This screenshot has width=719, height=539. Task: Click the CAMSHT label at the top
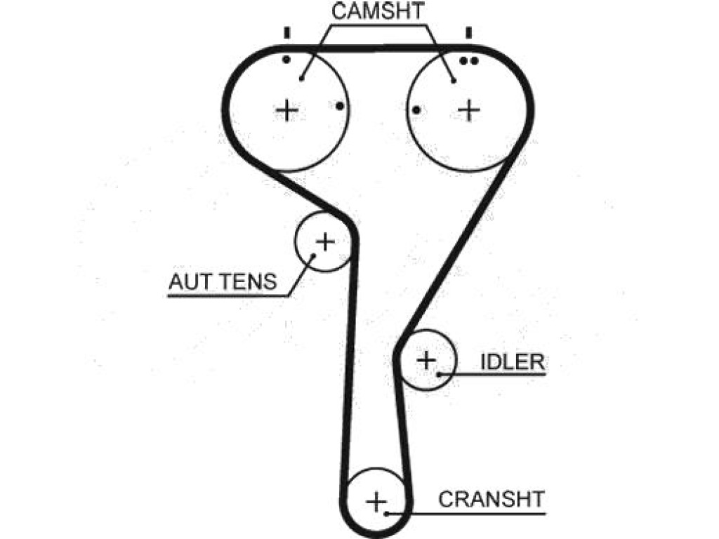[x=378, y=11]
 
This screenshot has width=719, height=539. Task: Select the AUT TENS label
[x=223, y=281]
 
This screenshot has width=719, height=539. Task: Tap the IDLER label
[x=512, y=362]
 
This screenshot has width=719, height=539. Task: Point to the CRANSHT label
[x=491, y=499]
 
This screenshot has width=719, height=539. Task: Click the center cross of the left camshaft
[x=287, y=110]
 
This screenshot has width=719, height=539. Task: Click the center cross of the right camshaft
[x=469, y=110]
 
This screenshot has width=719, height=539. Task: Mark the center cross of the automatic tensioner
[x=325, y=241]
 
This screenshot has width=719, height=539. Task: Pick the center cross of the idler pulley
[x=426, y=360]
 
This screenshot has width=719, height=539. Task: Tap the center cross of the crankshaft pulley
[x=376, y=503]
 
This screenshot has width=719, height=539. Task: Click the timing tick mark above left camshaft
[x=287, y=33]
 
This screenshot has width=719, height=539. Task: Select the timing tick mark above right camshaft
[x=468, y=33]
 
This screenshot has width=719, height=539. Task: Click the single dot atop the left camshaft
[x=286, y=60]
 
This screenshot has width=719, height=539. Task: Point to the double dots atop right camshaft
[x=468, y=60]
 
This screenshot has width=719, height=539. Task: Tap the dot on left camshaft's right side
[x=340, y=107]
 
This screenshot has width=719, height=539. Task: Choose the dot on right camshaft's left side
[x=416, y=110]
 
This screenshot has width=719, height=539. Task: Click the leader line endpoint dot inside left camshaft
[x=301, y=79]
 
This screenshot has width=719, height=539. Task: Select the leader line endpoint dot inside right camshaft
[x=454, y=81]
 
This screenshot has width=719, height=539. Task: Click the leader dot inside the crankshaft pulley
[x=387, y=514]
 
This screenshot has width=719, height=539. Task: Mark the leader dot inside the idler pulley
[x=439, y=375]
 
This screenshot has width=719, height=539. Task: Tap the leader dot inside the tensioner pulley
[x=314, y=255]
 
